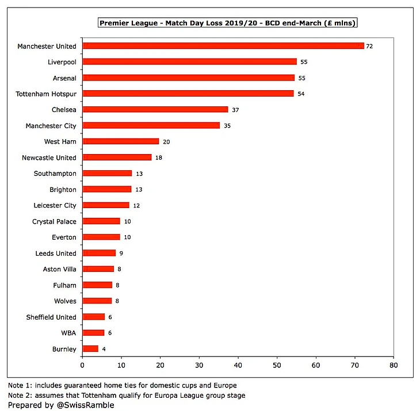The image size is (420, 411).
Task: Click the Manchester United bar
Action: click(x=223, y=46)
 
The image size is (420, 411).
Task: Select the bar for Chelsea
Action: click(x=155, y=109)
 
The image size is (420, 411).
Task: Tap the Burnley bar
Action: click(x=90, y=348)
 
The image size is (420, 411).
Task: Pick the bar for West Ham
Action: click(x=121, y=141)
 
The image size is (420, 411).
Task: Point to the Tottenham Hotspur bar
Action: click(x=188, y=93)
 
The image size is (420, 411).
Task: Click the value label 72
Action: click(x=369, y=46)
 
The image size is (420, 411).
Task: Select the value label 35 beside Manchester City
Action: click(x=227, y=125)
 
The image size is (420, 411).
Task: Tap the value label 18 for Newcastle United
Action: click(x=159, y=158)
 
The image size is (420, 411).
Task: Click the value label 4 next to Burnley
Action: click(x=104, y=349)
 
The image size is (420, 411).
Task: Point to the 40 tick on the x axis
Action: click(x=238, y=364)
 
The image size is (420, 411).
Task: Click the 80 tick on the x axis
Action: click(x=394, y=364)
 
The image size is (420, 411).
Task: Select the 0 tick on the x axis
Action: click(x=83, y=364)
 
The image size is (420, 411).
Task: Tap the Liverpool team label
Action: click(x=62, y=62)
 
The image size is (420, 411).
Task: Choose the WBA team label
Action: click(x=67, y=333)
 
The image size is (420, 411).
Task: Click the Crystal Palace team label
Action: click(x=54, y=221)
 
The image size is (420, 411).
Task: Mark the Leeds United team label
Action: click(x=55, y=253)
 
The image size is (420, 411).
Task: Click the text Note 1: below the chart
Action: click(x=22, y=385)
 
